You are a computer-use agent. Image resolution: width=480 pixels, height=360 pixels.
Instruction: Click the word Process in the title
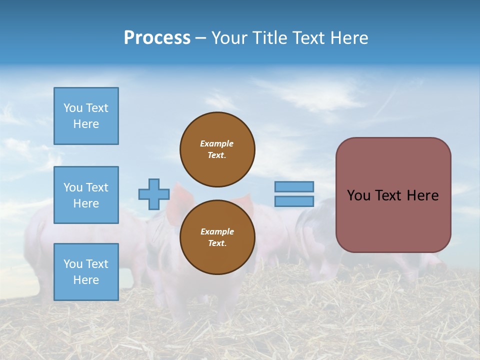[x=157, y=38]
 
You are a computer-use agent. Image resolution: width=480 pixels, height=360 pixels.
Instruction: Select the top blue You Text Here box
[x=86, y=116]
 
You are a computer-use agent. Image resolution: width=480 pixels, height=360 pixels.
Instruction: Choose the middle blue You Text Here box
[x=86, y=195]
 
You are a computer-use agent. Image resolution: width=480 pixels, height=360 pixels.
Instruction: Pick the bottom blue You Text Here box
[x=86, y=272]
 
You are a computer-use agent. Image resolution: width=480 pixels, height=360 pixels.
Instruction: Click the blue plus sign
[x=153, y=194]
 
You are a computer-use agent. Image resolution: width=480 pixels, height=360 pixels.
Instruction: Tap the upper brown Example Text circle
[x=217, y=149]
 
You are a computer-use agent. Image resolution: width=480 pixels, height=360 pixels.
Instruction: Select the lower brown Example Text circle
[x=217, y=237]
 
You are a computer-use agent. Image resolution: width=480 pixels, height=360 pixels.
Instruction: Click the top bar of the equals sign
[x=294, y=187]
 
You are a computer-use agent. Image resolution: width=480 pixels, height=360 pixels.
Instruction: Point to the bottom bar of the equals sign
[x=294, y=201]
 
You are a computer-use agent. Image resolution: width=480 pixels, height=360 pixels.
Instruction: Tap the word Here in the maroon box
[x=422, y=195]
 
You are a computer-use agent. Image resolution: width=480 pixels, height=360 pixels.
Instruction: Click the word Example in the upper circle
[x=216, y=143]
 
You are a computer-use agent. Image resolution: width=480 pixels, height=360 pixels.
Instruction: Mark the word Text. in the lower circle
[x=217, y=243]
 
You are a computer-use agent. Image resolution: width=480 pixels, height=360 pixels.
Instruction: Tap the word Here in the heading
[x=349, y=38]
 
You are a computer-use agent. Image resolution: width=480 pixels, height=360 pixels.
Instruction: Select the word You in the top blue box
[x=72, y=108]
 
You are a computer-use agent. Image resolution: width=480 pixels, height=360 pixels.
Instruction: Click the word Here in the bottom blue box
[x=86, y=280]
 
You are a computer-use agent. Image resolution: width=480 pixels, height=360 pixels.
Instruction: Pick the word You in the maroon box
[x=358, y=195]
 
